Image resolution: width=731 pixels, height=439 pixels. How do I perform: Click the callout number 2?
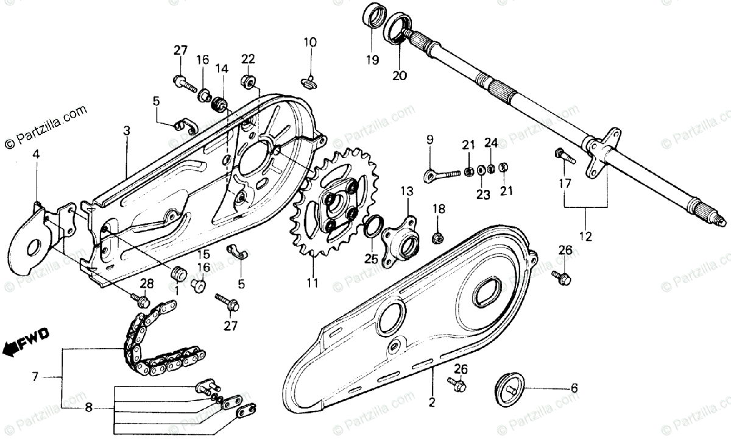click(x=433, y=402)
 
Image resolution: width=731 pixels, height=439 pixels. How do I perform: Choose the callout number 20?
click(x=400, y=77)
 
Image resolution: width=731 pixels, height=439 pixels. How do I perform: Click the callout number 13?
click(x=406, y=191)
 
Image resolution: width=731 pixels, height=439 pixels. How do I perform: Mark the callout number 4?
click(x=36, y=155)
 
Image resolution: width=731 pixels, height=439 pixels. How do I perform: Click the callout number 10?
click(x=310, y=42)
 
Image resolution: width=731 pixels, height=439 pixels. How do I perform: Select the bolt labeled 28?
click(x=143, y=301)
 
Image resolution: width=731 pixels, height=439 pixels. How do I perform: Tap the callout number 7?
click(x=35, y=377)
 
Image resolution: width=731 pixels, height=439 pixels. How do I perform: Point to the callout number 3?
click(x=126, y=130)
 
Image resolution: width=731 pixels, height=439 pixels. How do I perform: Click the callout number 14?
click(x=221, y=69)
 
